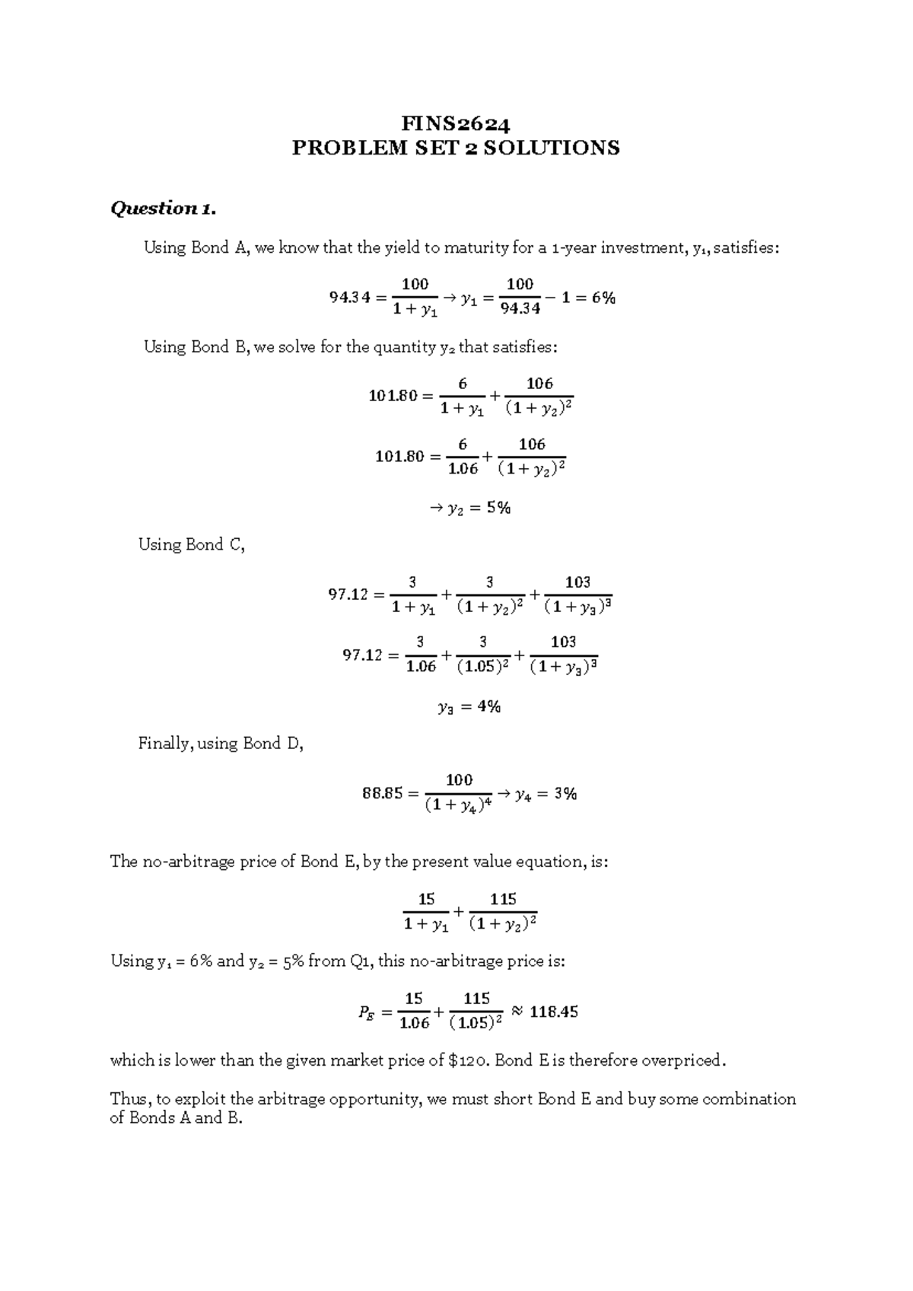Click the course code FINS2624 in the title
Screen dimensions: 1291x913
[x=456, y=123]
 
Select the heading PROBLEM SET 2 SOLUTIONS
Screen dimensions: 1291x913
[x=456, y=148]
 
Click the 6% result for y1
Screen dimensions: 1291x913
[x=602, y=298]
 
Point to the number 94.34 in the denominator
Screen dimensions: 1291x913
[x=520, y=309]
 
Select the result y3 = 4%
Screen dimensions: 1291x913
[x=469, y=707]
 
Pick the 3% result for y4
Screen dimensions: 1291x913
[x=565, y=794]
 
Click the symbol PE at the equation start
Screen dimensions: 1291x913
[x=366, y=1013]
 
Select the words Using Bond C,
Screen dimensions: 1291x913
[x=191, y=545]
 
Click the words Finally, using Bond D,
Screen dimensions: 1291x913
[x=221, y=744]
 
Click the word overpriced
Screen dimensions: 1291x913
[x=685, y=1060]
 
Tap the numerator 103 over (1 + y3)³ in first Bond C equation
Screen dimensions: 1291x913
[x=577, y=582]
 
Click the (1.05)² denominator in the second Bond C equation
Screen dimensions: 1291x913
[x=482, y=667]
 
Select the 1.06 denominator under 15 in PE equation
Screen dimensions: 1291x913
[x=414, y=1024]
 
